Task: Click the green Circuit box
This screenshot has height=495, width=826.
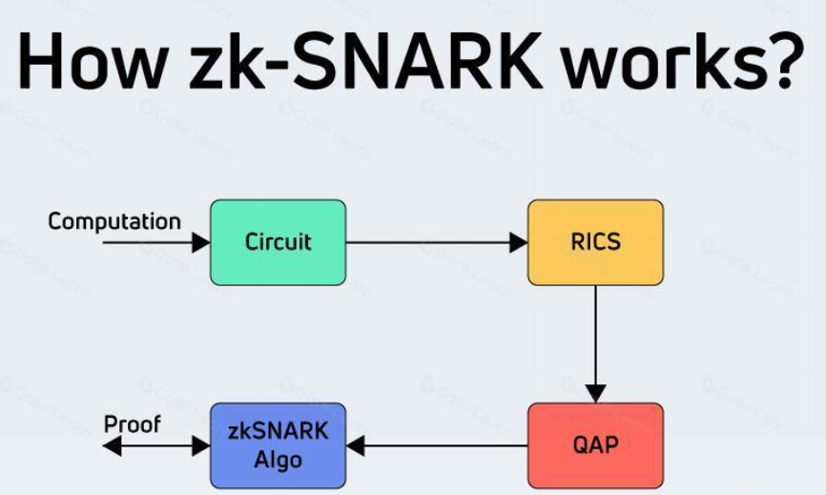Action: [278, 242]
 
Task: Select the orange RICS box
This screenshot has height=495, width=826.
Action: [595, 242]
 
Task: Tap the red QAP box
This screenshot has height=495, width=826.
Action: [595, 445]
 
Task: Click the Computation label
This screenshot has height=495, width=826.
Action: [114, 222]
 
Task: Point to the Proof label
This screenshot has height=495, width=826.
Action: [133, 424]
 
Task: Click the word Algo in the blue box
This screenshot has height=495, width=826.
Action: [278, 460]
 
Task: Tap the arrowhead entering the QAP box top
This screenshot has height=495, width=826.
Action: [595, 393]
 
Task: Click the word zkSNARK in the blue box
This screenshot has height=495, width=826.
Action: [278, 432]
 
